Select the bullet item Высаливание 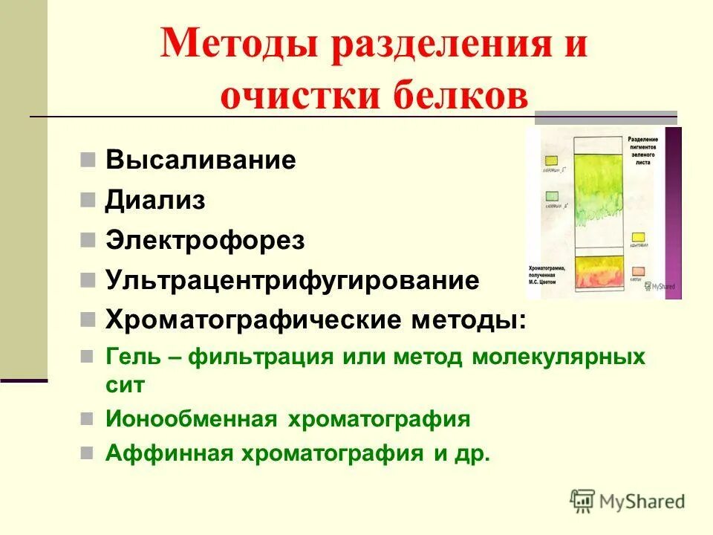tap(201, 160)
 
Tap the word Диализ tap(155, 201)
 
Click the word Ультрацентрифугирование tap(292, 280)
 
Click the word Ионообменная tap(188, 418)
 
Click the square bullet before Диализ tap(88, 200)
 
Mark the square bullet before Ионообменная tap(88, 418)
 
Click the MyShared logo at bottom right tap(628, 501)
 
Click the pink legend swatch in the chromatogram tap(637, 271)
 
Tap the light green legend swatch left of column tap(552, 195)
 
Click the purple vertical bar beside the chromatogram tap(673, 213)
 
